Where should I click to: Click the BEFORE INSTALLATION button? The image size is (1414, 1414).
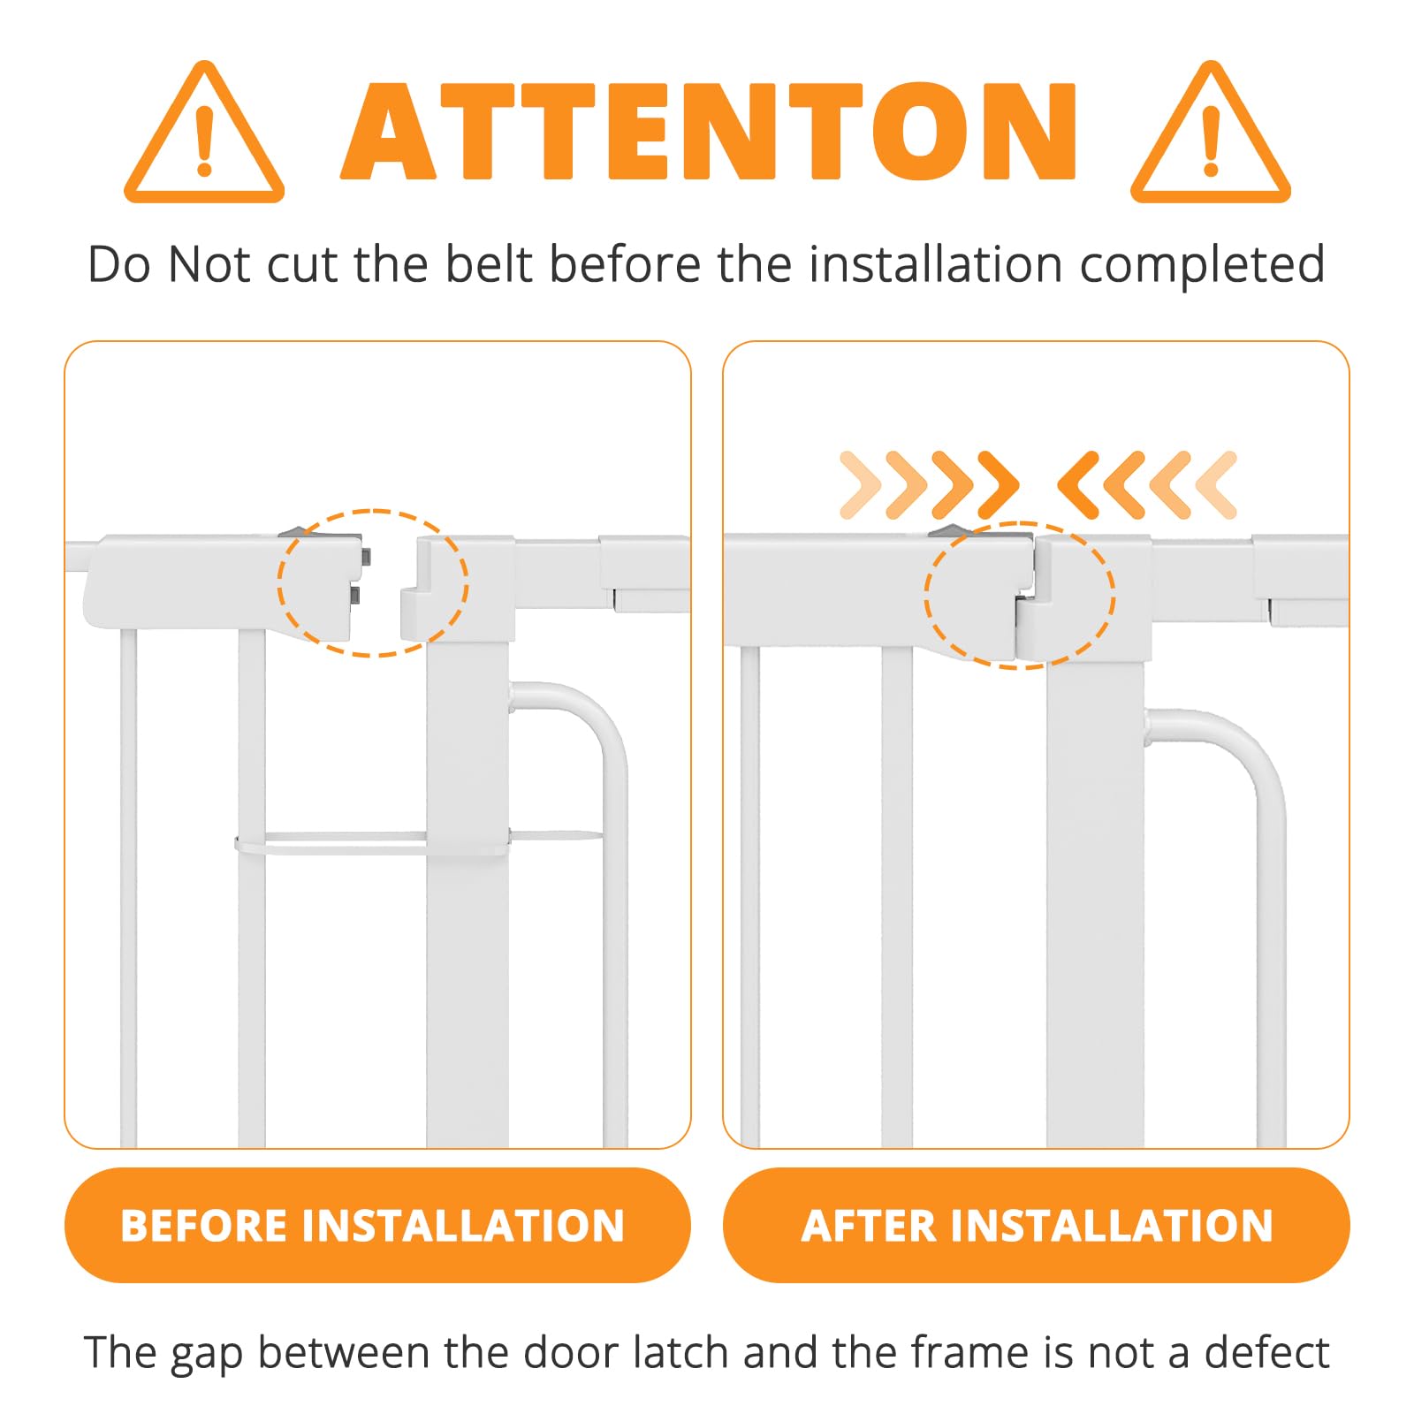point(377,1225)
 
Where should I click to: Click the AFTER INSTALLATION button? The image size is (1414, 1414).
point(1036,1225)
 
